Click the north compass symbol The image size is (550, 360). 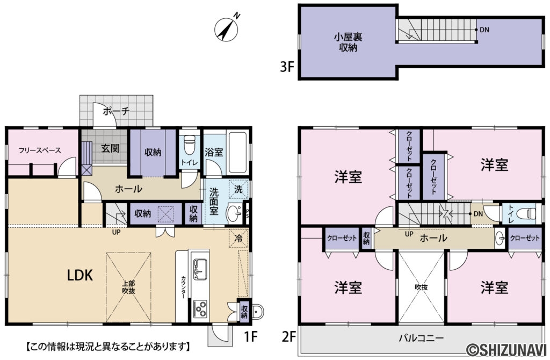pyautogui.click(x=227, y=29)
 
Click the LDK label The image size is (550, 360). pyautogui.click(x=80, y=276)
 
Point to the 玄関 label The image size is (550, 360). pyautogui.click(x=110, y=148)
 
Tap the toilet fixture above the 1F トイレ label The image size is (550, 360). pyautogui.click(x=189, y=144)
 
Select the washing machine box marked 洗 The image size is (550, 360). pyautogui.click(x=238, y=189)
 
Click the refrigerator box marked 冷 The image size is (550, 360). pyautogui.click(x=239, y=236)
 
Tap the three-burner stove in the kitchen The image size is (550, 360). pyautogui.click(x=200, y=309)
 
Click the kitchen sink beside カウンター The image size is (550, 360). pyautogui.click(x=200, y=267)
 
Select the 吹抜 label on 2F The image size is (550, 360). pyautogui.click(x=422, y=287)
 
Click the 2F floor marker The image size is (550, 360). pyautogui.click(x=289, y=337)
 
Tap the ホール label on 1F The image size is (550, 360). pyautogui.click(x=129, y=189)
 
